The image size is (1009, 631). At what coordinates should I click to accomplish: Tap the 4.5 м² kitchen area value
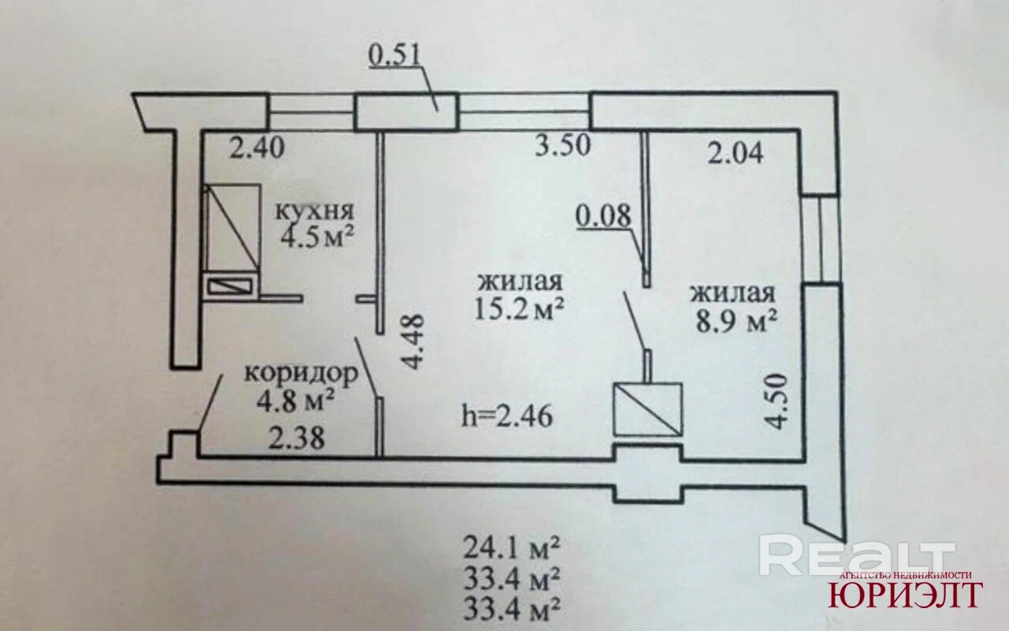click(x=314, y=237)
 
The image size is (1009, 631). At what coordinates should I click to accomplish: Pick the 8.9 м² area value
click(x=734, y=319)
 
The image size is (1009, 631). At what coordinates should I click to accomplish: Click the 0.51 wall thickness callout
click(x=395, y=56)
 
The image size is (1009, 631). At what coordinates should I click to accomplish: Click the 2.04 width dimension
click(x=735, y=152)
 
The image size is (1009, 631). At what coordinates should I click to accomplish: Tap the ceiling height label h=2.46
click(x=506, y=414)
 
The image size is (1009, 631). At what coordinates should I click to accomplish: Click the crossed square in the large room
click(x=647, y=409)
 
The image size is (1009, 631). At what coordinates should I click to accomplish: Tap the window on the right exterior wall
click(x=821, y=239)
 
